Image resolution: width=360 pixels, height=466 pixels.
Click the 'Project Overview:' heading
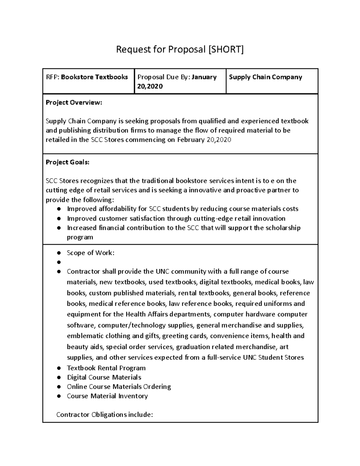[x=74, y=103]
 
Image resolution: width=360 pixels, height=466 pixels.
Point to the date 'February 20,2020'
[x=204, y=140]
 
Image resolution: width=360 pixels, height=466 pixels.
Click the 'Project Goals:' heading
[x=67, y=162]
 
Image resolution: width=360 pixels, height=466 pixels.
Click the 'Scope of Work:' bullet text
[x=91, y=253]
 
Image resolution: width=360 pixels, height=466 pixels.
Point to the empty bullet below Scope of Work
[x=59, y=262]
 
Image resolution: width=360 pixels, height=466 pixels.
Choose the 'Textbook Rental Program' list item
[x=106, y=368]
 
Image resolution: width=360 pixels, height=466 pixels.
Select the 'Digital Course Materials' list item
[x=104, y=377]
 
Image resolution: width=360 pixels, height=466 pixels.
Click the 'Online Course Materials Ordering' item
[x=119, y=386]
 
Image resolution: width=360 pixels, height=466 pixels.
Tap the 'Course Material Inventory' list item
[x=107, y=396]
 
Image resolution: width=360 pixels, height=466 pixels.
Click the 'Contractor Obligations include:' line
[x=105, y=415]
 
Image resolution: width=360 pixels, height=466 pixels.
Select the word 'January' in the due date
[x=204, y=77]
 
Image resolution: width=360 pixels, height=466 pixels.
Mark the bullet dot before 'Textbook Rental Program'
[x=59, y=368]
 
